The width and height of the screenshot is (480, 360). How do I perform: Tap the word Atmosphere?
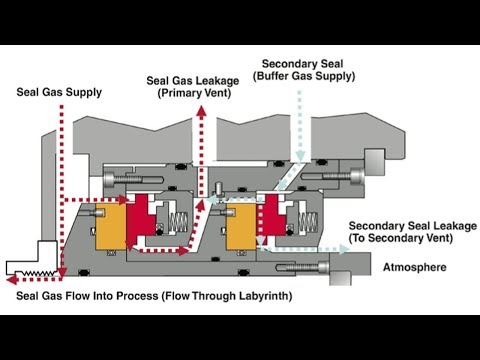coord(413,268)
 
